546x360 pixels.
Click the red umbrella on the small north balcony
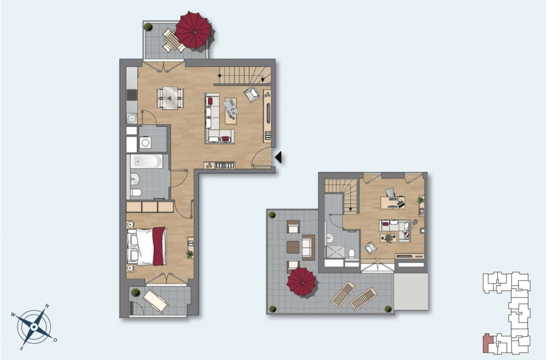click(194, 30)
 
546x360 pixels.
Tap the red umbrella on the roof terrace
click(302, 282)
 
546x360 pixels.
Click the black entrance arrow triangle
click(278, 157)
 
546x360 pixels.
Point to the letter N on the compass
click(47, 306)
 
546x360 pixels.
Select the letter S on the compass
click(22, 347)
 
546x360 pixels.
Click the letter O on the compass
click(55, 340)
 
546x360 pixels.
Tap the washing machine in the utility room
click(145, 142)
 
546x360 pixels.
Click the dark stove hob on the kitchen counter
click(132, 95)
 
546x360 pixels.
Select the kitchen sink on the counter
click(132, 118)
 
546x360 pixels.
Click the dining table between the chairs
click(170, 98)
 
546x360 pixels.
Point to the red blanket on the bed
click(159, 246)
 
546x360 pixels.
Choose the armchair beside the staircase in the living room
click(251, 94)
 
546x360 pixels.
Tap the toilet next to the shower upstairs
click(351, 253)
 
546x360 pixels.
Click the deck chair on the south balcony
click(156, 301)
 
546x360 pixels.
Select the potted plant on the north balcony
click(149, 27)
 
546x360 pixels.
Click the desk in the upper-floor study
click(393, 203)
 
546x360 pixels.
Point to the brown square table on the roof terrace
click(293, 247)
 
